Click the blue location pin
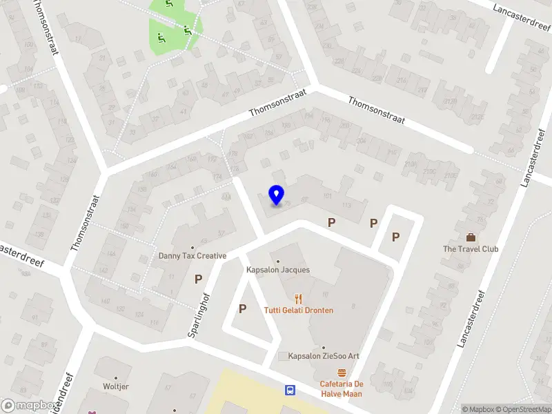[276, 195]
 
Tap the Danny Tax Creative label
[193, 256]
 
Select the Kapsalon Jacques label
[278, 270]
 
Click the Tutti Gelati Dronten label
[298, 310]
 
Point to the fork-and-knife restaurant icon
[298, 299]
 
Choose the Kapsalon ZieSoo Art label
[324, 356]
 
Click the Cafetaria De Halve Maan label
[341, 388]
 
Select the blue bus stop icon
[290, 390]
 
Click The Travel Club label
[471, 249]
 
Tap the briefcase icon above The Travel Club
[471, 237]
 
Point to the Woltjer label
[116, 387]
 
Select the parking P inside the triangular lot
[242, 308]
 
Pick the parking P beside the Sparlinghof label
[198, 279]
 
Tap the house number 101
[327, 197]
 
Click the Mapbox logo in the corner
[29, 406]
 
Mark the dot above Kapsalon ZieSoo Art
[324, 348]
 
